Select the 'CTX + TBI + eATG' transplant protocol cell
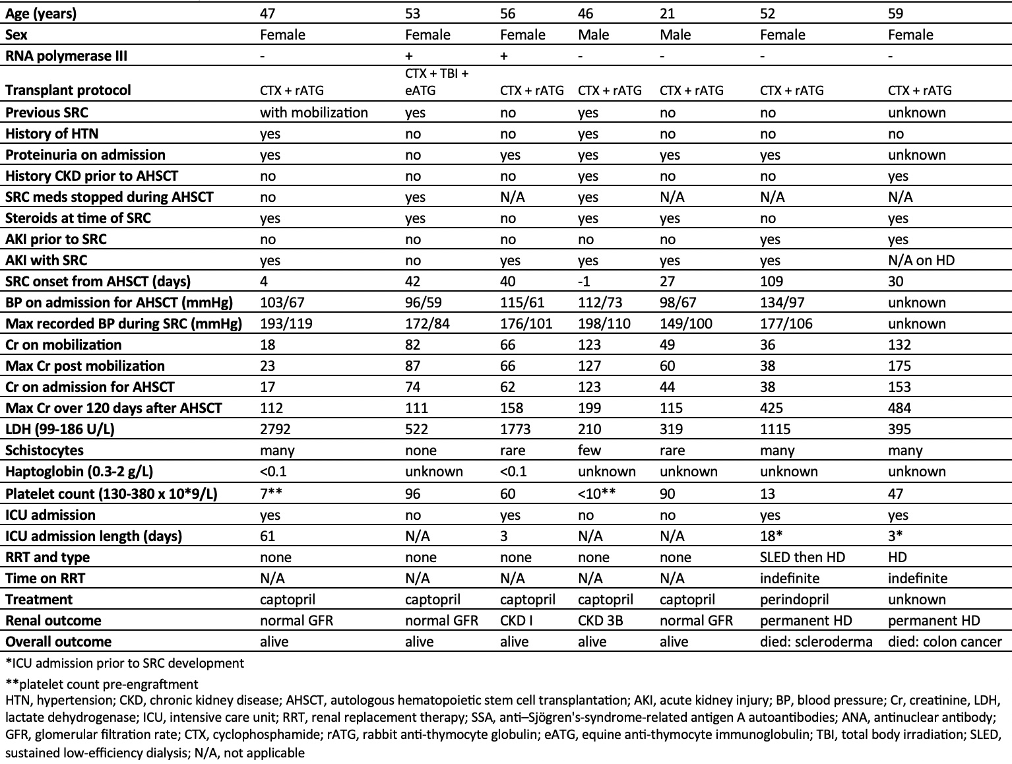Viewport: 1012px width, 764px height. pyautogui.click(x=437, y=82)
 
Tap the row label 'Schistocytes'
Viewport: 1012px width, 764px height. pyautogui.click(x=45, y=451)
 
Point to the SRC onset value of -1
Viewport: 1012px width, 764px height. pyautogui.click(x=584, y=282)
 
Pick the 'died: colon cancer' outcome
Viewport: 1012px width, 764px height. pyautogui.click(x=945, y=642)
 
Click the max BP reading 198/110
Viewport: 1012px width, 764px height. pyautogui.click(x=604, y=324)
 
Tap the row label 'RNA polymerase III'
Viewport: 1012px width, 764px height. pyautogui.click(x=66, y=56)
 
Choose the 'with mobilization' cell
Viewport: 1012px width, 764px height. pyautogui.click(x=314, y=113)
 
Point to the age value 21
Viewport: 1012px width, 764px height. pyautogui.click(x=668, y=14)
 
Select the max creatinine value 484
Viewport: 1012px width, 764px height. pyautogui.click(x=900, y=408)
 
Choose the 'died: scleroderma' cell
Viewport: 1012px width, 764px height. pyautogui.click(x=816, y=642)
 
